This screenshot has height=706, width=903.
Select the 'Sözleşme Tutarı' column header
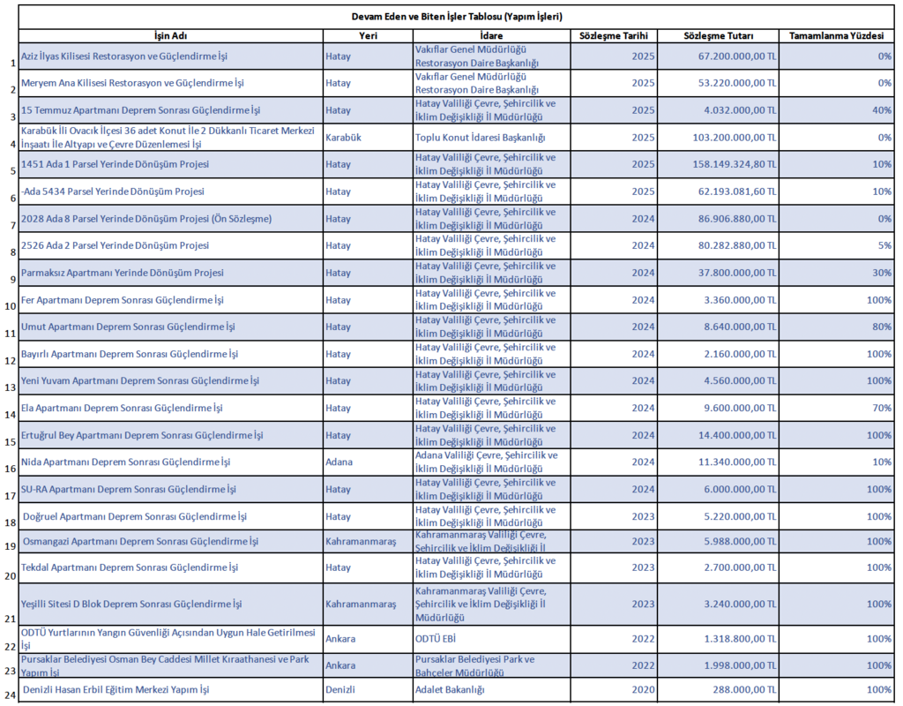[718, 35]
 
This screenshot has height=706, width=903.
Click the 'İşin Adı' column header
[170, 35]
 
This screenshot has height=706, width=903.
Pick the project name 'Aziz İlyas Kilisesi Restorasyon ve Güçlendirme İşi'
[124, 56]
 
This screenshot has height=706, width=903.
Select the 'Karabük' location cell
[344, 138]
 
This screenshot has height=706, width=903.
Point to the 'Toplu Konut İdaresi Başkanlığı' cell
[480, 138]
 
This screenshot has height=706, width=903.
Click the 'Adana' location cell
[339, 462]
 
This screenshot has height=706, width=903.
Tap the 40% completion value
[882, 110]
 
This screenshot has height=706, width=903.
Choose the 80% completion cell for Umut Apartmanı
[882, 327]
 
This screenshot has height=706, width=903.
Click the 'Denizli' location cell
[340, 689]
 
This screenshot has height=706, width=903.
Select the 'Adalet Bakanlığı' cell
[450, 689]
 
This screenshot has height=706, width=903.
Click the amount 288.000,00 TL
[746, 689]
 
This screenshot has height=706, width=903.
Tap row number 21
[11, 619]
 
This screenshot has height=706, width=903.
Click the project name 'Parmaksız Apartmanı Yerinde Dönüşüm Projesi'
[123, 273]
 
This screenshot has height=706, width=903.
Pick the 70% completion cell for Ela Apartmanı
[882, 408]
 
